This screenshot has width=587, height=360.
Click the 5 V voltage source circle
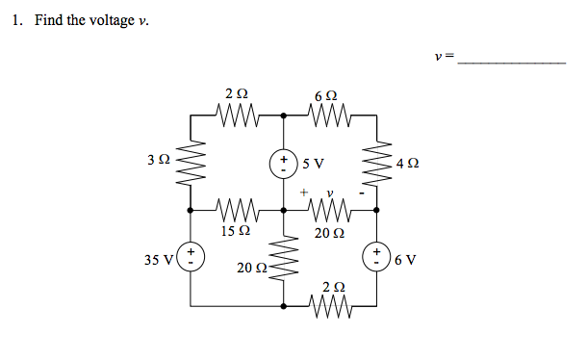point(284,162)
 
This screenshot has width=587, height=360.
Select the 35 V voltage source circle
point(191,257)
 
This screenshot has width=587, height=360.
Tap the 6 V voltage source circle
point(376,257)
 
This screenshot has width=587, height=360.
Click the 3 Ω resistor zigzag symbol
point(191,162)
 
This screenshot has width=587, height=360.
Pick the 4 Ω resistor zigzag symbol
point(376,162)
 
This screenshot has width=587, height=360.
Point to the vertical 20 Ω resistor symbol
point(284,257)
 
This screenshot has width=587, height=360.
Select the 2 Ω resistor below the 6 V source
point(330,305)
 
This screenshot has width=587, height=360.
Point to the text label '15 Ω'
point(236,231)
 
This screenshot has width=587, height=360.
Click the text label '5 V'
point(312,162)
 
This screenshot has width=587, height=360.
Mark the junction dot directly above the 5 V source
point(284,115)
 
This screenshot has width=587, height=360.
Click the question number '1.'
point(19,20)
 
